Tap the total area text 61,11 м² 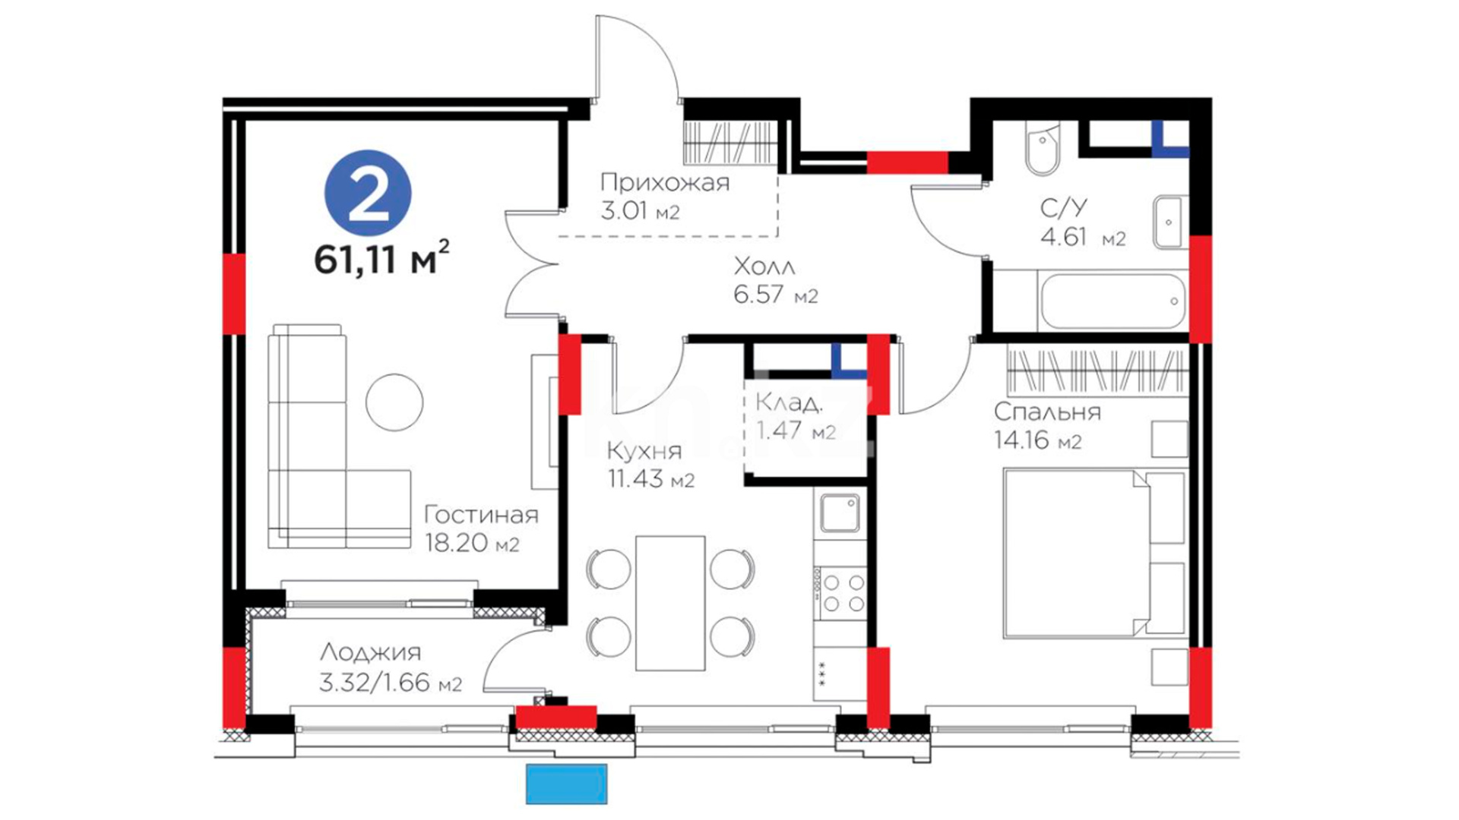(x=381, y=258)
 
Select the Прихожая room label (x=664, y=182)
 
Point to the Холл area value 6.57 (x=760, y=295)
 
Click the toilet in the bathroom (x=1043, y=148)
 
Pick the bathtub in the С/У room (x=1112, y=301)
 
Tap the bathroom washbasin (x=1169, y=222)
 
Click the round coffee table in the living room (x=394, y=402)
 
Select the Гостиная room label (x=481, y=515)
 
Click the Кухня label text (x=644, y=451)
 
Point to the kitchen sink (x=840, y=512)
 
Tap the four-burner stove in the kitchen (x=840, y=593)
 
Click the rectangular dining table (x=670, y=604)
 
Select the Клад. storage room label (x=789, y=402)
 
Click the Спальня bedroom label (x=1047, y=412)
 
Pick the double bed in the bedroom (x=1094, y=553)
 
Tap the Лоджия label (x=370, y=651)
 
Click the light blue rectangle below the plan (x=566, y=784)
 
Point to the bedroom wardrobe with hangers (x=1097, y=370)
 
